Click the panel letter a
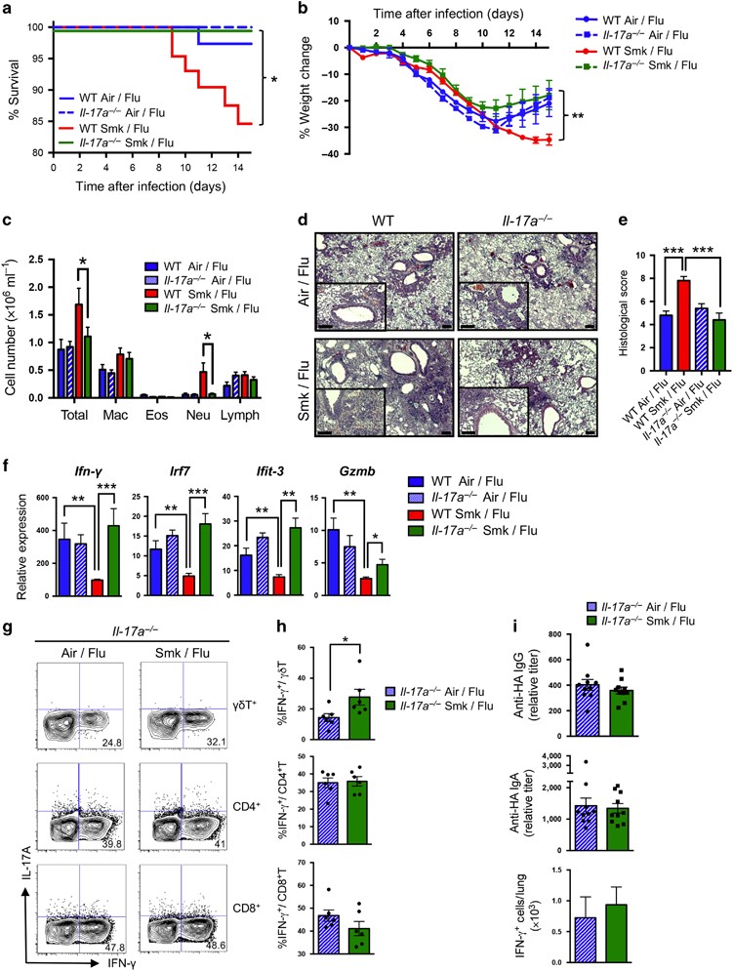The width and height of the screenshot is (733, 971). (8, 9)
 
